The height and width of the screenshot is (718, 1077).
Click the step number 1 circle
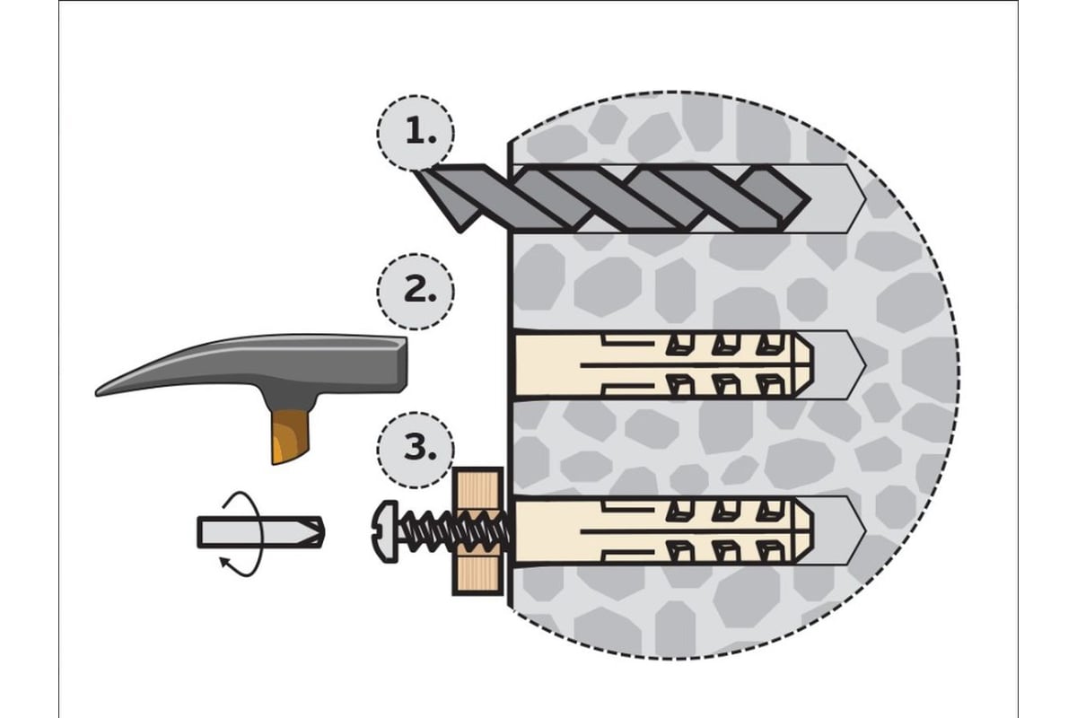click(416, 132)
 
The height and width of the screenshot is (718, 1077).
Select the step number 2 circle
click(416, 292)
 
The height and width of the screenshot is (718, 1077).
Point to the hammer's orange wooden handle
click(285, 434)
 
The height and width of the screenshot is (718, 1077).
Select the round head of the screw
click(381, 531)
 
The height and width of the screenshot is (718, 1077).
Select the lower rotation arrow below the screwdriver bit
click(238, 565)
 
